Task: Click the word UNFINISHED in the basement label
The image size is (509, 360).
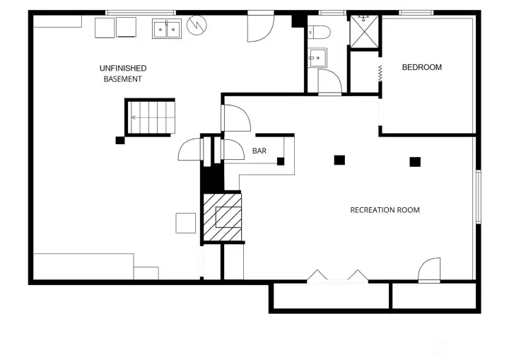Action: [x=123, y=68]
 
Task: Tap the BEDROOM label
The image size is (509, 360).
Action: [x=421, y=67]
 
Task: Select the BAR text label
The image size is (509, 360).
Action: [x=259, y=151]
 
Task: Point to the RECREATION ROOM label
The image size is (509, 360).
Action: [x=385, y=210]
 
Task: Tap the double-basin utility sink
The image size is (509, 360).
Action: [x=167, y=29]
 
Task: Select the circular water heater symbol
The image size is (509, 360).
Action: [x=197, y=27]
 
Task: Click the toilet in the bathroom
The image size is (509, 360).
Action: [x=319, y=32]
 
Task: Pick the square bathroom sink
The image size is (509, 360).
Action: [x=318, y=57]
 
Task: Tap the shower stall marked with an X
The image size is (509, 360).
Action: [x=365, y=30]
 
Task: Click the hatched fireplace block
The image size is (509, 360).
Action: [x=223, y=216]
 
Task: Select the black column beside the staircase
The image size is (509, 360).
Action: [x=119, y=140]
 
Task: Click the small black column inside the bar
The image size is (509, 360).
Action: [x=281, y=161]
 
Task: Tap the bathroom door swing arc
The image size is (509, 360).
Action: [x=329, y=81]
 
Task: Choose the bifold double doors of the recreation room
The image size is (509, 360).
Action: [x=337, y=276]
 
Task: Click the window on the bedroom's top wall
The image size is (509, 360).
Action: [x=416, y=13]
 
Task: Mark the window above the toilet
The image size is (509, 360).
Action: [x=332, y=13]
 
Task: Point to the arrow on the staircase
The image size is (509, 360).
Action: [x=136, y=117]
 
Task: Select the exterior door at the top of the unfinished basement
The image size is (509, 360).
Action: [x=259, y=26]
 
